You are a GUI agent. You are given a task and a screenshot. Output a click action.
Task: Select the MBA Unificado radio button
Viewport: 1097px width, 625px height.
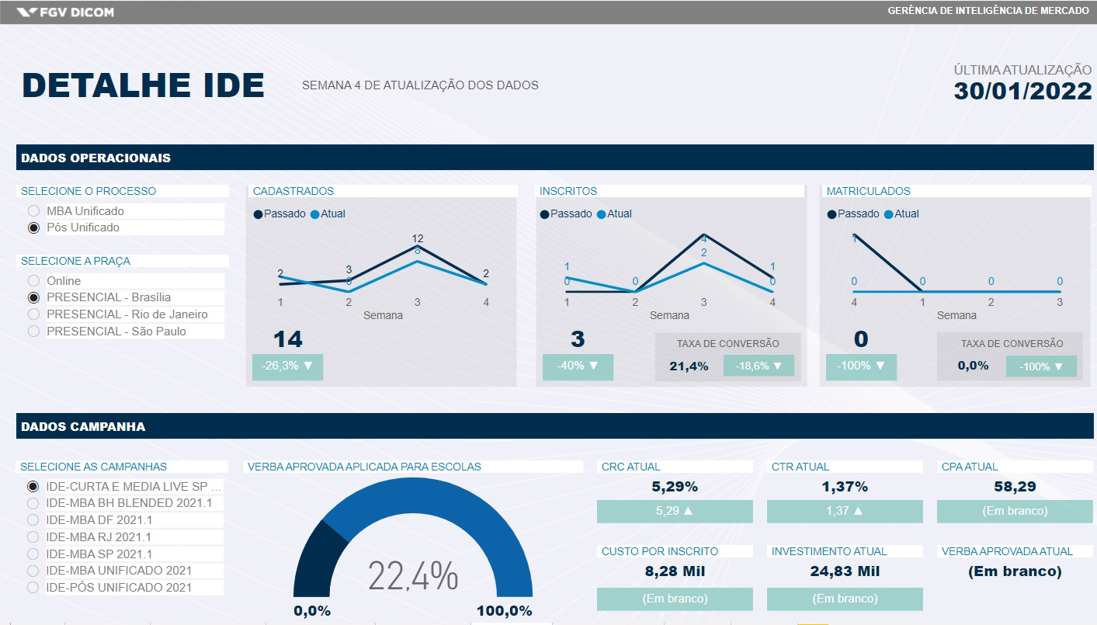(33, 211)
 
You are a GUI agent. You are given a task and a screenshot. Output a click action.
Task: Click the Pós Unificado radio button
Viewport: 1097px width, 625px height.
(33, 228)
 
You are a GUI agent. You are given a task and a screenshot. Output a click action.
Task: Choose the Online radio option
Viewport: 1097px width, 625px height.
(33, 281)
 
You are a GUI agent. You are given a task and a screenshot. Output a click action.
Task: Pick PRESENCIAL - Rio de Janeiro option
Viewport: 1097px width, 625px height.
(33, 314)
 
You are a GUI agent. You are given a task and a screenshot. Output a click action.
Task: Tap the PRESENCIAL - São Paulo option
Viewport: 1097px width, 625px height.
(33, 332)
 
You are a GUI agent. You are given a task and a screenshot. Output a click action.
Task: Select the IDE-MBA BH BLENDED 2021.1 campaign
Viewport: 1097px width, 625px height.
(33, 503)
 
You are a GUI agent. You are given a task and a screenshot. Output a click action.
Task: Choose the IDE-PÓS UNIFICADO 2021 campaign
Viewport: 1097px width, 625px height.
(33, 588)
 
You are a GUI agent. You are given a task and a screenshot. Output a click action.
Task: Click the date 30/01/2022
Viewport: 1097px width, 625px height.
(1022, 91)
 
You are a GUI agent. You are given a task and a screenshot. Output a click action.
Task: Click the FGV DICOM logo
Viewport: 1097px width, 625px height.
(65, 12)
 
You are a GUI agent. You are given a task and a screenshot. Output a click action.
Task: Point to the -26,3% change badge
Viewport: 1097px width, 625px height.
(287, 366)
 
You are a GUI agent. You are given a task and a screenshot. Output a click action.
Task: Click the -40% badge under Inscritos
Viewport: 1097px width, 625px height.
(578, 366)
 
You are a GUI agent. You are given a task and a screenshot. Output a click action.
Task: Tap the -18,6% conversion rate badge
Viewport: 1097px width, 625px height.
(759, 366)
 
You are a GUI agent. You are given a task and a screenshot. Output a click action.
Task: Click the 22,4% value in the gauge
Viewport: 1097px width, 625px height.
(413, 575)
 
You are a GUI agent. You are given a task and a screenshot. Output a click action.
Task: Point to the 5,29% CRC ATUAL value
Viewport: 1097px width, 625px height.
(674, 488)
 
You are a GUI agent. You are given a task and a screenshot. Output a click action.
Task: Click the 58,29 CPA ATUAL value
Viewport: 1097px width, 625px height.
(1015, 488)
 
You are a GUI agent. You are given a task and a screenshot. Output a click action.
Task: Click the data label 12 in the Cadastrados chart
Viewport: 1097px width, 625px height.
(418, 238)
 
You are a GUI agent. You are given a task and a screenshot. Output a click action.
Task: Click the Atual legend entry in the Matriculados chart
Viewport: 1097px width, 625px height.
(901, 214)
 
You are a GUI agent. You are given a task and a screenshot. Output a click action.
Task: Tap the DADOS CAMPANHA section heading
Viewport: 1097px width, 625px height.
(83, 426)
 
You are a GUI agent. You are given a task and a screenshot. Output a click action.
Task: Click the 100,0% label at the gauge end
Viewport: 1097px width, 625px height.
(504, 611)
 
